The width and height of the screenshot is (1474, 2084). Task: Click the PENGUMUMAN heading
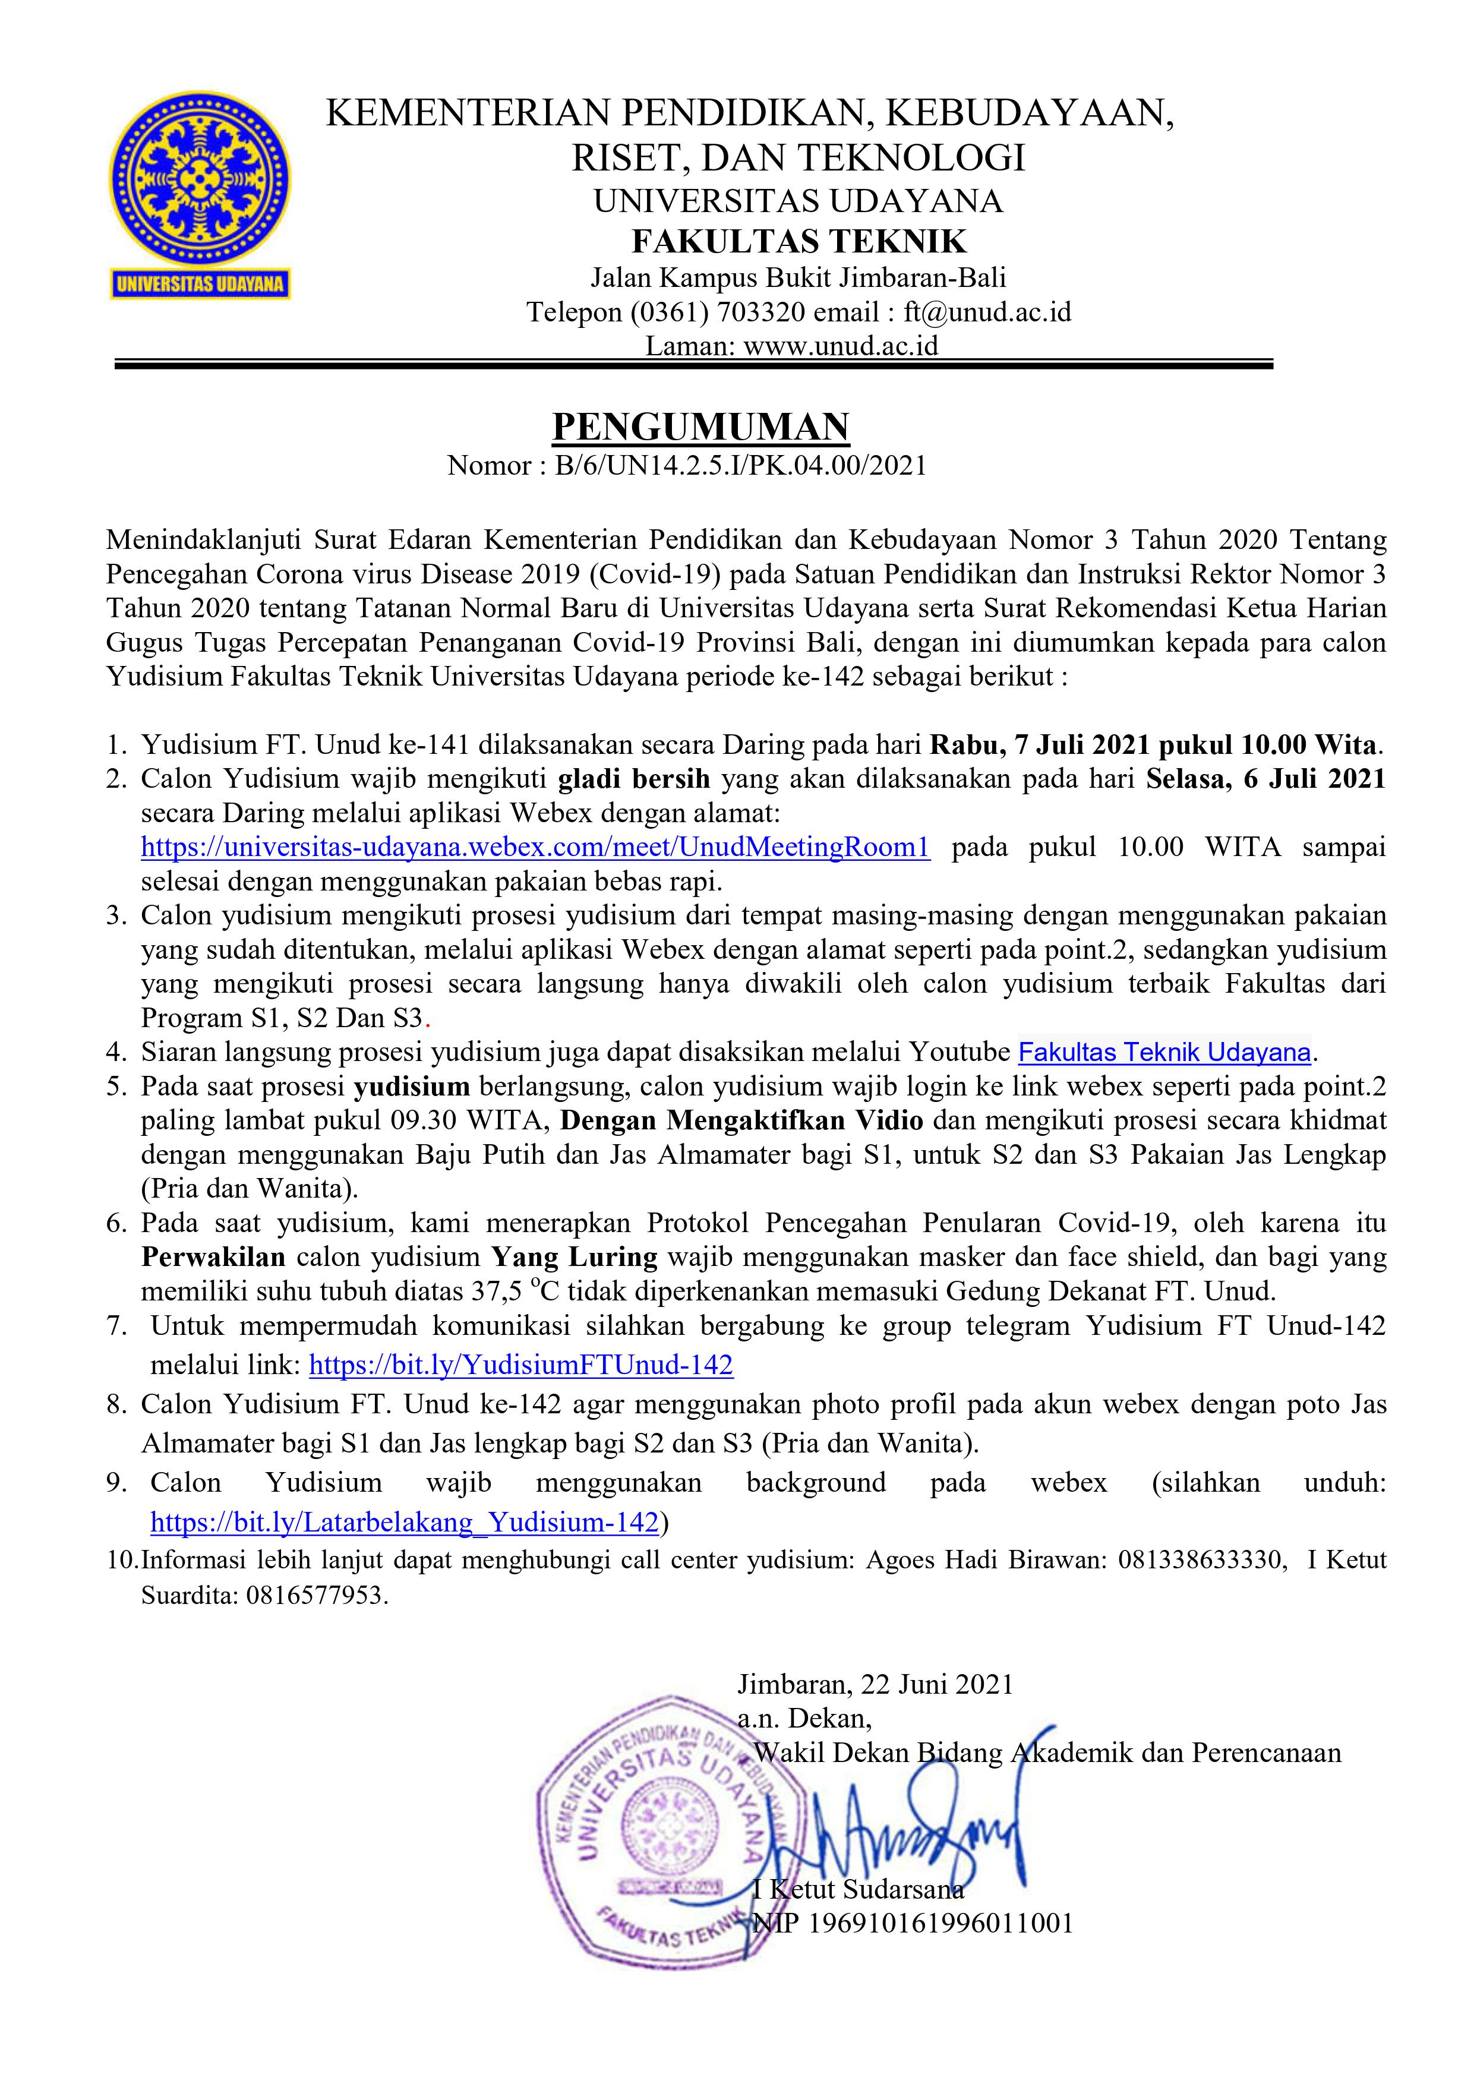pyautogui.click(x=700, y=427)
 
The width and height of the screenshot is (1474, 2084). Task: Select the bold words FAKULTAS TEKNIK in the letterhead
pyautogui.click(x=798, y=241)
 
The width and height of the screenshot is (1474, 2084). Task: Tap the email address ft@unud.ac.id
pyautogui.click(x=987, y=312)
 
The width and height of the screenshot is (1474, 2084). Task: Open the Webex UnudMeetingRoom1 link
pyautogui.click(x=535, y=847)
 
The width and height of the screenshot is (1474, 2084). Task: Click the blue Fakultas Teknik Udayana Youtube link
pyautogui.click(x=1164, y=1052)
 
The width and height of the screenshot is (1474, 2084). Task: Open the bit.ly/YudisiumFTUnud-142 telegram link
pyautogui.click(x=521, y=1365)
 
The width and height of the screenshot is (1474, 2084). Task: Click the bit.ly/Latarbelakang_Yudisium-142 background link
pyautogui.click(x=404, y=1522)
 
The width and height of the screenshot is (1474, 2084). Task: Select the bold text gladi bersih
pyautogui.click(x=633, y=779)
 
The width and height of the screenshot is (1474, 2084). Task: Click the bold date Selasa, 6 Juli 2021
pyautogui.click(x=1265, y=779)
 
